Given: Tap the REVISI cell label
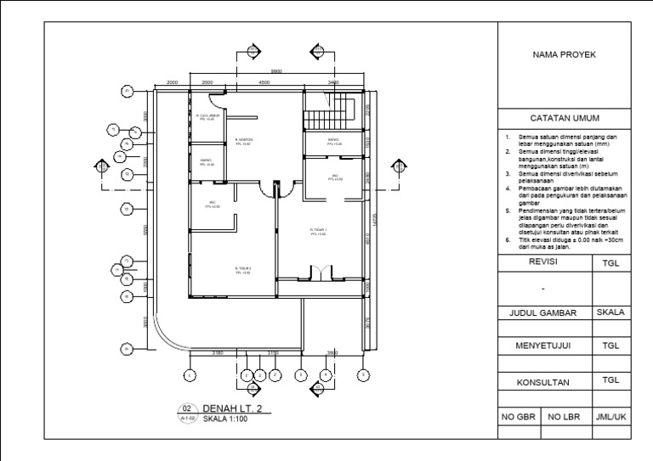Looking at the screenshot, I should [544, 263].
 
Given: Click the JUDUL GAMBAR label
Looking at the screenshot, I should [544, 313].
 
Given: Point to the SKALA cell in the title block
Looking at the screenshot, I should [610, 312].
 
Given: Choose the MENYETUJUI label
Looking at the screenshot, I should [544, 347].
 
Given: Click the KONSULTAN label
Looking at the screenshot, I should [544, 383].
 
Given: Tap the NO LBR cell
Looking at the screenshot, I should [564, 418].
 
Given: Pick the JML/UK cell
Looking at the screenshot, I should [610, 418].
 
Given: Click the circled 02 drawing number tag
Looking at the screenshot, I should [189, 408].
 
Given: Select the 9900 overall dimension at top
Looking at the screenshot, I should [276, 71].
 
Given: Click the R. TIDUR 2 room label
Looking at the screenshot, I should [243, 270].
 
